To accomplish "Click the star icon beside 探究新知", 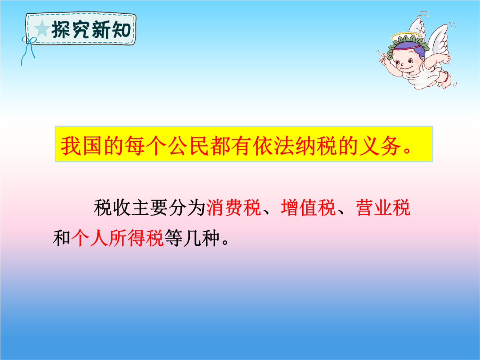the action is coord(42,29).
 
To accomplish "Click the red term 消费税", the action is coord(233,208).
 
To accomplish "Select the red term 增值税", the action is coord(308,208).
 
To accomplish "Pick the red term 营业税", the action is coord(383,208).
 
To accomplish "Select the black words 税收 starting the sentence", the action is coord(112,208).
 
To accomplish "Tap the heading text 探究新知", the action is coord(91,30).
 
